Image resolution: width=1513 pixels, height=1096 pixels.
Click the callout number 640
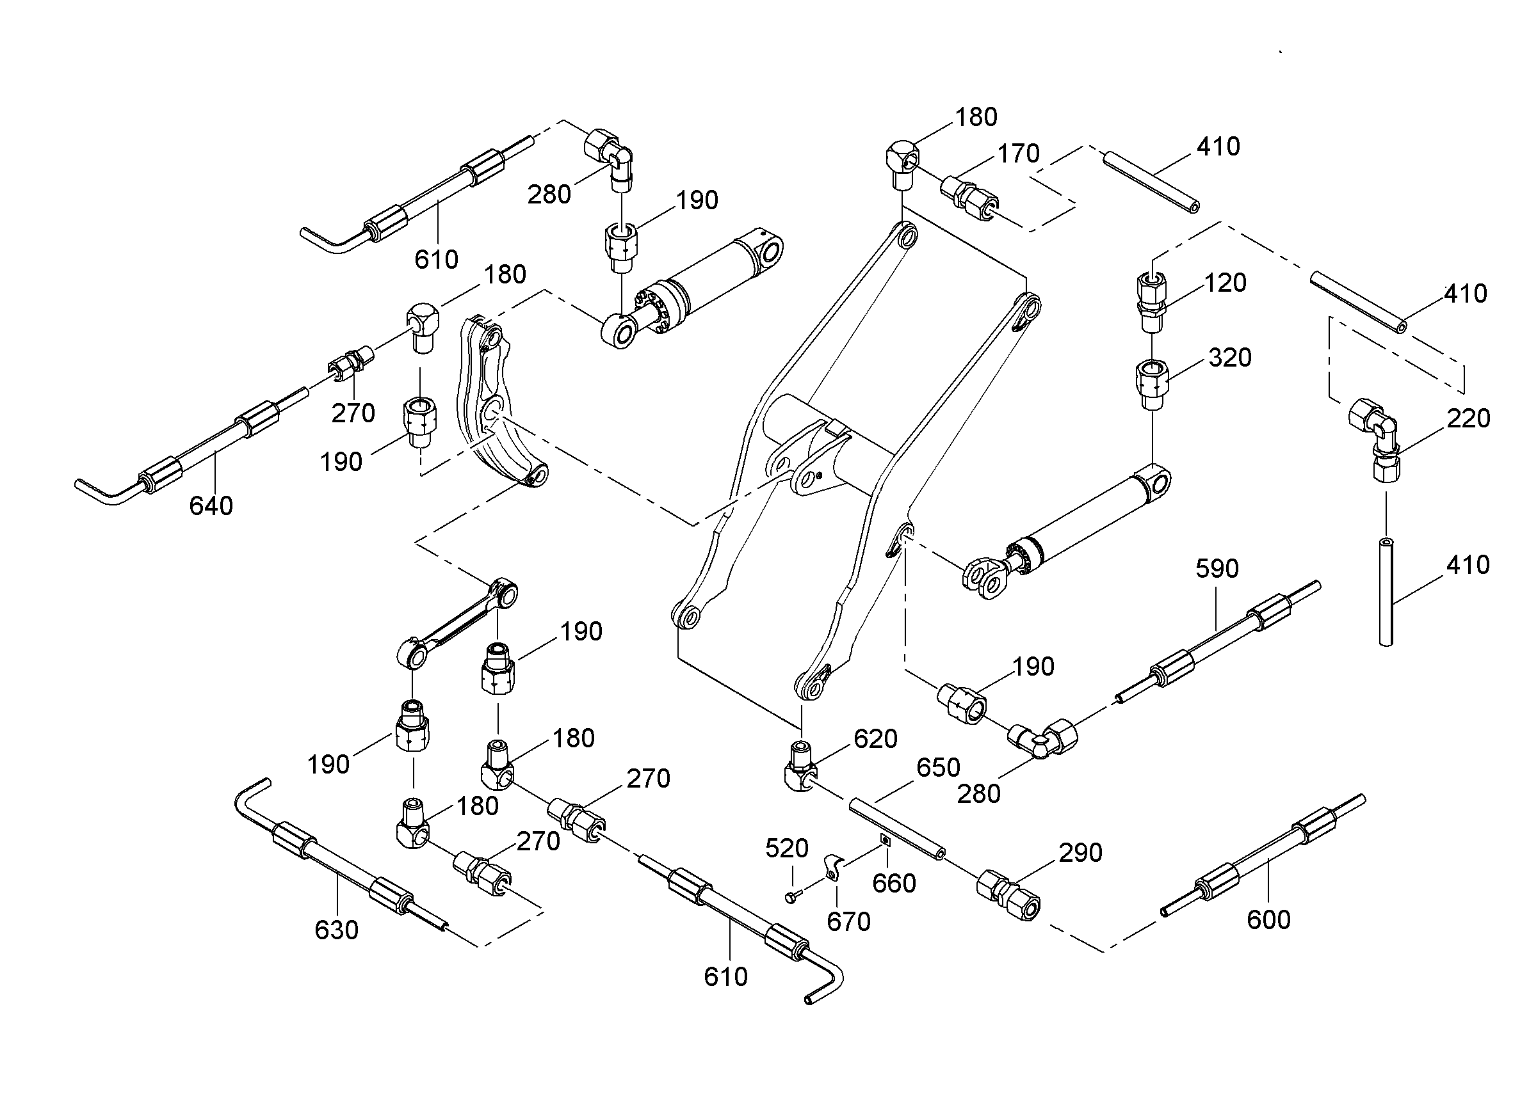(211, 506)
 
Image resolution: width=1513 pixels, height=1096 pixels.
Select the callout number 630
(336, 930)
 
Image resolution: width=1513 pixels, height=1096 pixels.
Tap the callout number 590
(1217, 569)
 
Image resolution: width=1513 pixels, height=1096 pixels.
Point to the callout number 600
(1268, 920)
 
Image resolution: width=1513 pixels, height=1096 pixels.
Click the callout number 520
(786, 848)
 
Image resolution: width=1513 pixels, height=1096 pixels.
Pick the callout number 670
(848, 922)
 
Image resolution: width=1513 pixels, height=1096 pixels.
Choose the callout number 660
(894, 884)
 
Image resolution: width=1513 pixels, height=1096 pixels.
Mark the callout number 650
(938, 768)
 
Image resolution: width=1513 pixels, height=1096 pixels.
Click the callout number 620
(875, 739)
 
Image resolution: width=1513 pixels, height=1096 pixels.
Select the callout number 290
(1081, 853)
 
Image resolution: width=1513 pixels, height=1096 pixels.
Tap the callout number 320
(1229, 358)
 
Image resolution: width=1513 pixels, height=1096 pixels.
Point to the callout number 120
(1225, 283)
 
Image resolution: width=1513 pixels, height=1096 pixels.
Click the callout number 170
(1018, 154)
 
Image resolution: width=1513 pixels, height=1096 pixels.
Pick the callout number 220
(1468, 418)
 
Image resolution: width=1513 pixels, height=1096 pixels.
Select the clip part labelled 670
(832, 867)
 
